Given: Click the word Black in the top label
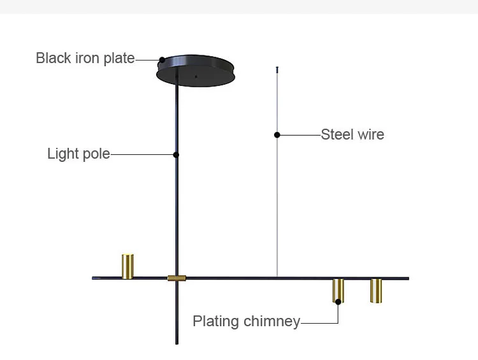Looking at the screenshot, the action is coord(54,58).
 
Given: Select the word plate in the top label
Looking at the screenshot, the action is coord(119,59).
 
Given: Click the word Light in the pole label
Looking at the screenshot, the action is coord(63,154).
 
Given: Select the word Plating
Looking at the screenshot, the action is coord(216,322).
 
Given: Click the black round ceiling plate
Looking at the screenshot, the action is coord(196,71).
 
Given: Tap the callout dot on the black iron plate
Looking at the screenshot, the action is coord(162,60).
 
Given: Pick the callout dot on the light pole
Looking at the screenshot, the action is coord(176,155).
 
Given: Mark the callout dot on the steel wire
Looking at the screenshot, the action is coord(277,134).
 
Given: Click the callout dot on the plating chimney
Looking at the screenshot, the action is coord(338,302).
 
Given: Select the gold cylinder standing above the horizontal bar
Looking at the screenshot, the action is coord(127,266).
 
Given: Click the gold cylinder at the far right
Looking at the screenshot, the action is coord(376,291).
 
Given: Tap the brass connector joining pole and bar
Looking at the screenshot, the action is coord(177,278).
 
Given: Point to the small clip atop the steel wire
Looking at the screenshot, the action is coord(277,70).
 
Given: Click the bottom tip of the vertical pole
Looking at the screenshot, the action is coord(177,344).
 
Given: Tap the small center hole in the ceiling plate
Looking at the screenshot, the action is coord(196,76).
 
